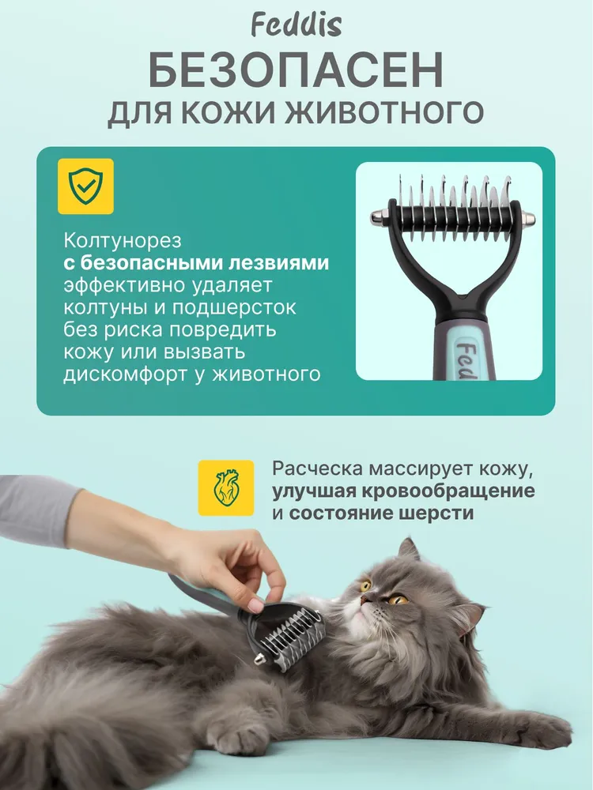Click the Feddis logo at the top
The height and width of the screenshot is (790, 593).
pyautogui.click(x=296, y=25)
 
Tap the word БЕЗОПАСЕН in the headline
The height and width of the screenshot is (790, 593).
pyautogui.click(x=296, y=70)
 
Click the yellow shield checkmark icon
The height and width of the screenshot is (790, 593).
pyautogui.click(x=85, y=186)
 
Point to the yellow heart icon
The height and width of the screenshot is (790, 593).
pyautogui.click(x=226, y=487)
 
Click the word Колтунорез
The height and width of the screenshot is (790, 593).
pyautogui.click(x=122, y=241)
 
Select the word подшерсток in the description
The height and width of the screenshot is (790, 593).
pyautogui.click(x=235, y=307)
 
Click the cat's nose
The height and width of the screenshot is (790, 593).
pyautogui.click(x=364, y=600)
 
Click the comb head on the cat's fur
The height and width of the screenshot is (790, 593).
pyautogui.click(x=288, y=636)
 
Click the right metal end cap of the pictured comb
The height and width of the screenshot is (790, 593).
pyautogui.click(x=527, y=219)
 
